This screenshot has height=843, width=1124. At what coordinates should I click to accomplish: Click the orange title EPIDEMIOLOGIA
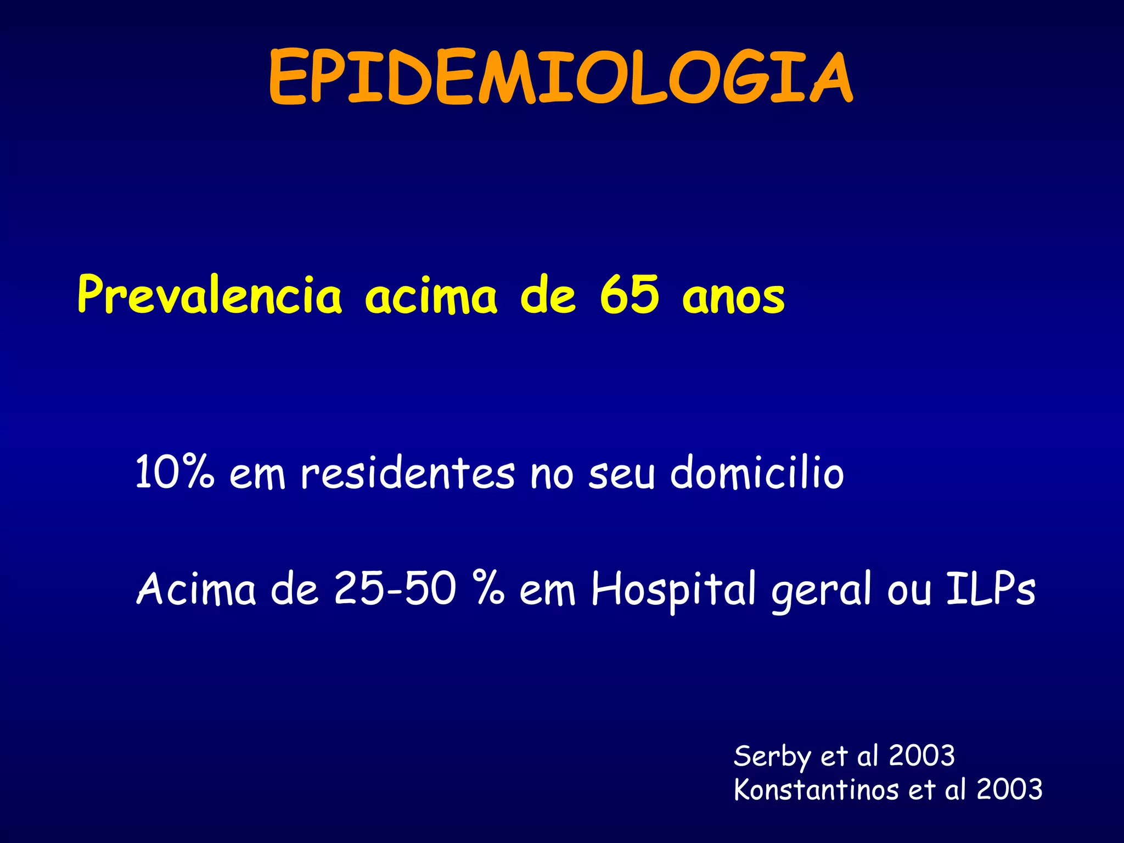click(x=561, y=77)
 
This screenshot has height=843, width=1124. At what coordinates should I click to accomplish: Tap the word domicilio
click(x=757, y=472)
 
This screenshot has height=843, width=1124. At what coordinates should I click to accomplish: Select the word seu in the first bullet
click(x=622, y=475)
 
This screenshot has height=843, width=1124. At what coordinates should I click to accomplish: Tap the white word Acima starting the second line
click(x=196, y=588)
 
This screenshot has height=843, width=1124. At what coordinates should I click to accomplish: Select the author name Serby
click(x=772, y=757)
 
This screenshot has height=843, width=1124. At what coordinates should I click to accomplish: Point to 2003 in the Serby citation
click(x=922, y=756)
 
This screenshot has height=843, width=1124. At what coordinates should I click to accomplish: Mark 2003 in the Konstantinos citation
click(x=1009, y=790)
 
